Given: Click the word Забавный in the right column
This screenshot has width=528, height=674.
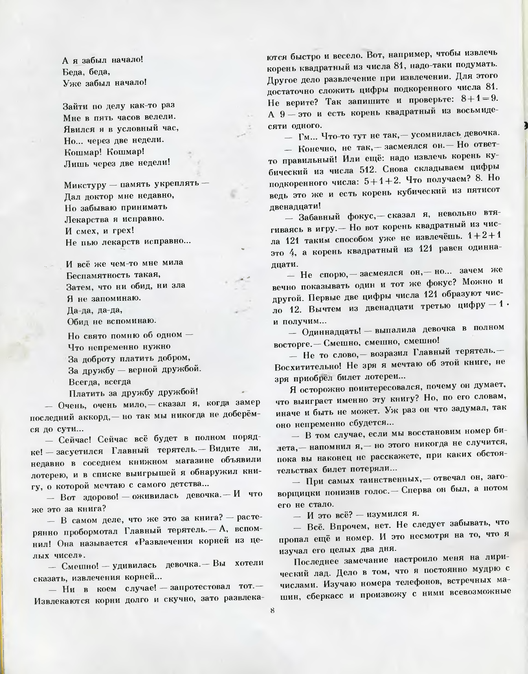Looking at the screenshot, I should coord(318,217).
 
